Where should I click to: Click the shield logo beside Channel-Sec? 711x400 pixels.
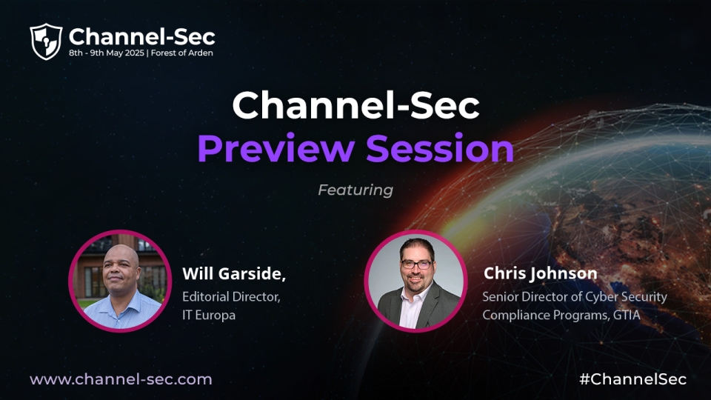[x=46, y=41]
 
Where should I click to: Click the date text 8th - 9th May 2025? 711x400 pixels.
[x=107, y=53]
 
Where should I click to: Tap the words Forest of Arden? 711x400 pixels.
[x=182, y=53]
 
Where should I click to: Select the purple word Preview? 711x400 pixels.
[x=276, y=148]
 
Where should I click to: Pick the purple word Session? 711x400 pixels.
[x=440, y=148]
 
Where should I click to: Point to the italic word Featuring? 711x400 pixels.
[x=355, y=190]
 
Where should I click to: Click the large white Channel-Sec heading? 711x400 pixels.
[x=355, y=105]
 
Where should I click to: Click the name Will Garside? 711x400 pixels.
[x=234, y=273]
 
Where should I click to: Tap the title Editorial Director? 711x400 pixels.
[x=231, y=296]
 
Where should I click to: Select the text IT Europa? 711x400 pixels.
[x=209, y=315]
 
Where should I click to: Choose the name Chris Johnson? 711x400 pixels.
[x=540, y=273]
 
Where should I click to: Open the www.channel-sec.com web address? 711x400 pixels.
[x=121, y=379]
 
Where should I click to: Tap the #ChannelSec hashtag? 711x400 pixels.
[x=633, y=379]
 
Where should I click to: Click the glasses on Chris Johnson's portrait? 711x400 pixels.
[x=415, y=264]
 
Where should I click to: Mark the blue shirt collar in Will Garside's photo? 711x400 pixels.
[x=119, y=302]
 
